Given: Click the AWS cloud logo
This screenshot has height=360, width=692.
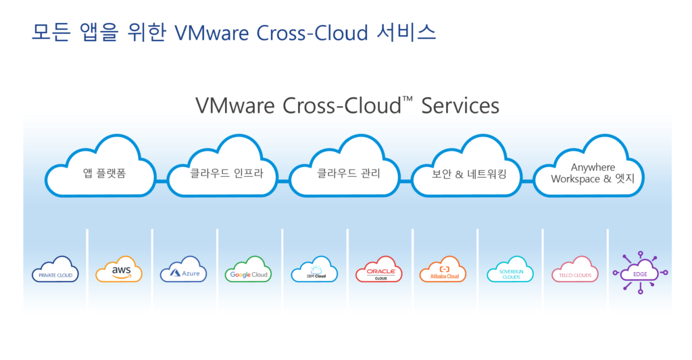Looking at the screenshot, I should click(x=119, y=270).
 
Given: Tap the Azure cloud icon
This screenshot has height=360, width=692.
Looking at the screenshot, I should click(x=183, y=270).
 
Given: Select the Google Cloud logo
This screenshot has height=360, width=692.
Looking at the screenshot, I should click(x=249, y=270).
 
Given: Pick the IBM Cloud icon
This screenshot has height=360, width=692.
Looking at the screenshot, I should click(x=314, y=270).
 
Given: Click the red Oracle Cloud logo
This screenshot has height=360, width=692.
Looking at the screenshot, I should click(x=379, y=270).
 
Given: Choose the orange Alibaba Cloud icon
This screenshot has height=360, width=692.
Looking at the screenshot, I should click(x=443, y=270).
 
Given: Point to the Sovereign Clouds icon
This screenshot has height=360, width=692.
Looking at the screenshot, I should click(x=510, y=270).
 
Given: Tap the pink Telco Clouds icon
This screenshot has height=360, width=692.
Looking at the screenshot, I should click(x=574, y=270).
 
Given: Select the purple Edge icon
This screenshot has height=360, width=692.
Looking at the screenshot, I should click(x=640, y=273).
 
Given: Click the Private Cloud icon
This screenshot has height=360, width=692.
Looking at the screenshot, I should click(x=55, y=270).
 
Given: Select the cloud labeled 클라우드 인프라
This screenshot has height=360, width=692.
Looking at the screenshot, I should click(x=223, y=172).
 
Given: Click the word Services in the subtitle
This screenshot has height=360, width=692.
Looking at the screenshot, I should click(x=460, y=106).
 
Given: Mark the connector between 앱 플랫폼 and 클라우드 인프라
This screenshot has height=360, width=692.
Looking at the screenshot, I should click(x=162, y=182).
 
